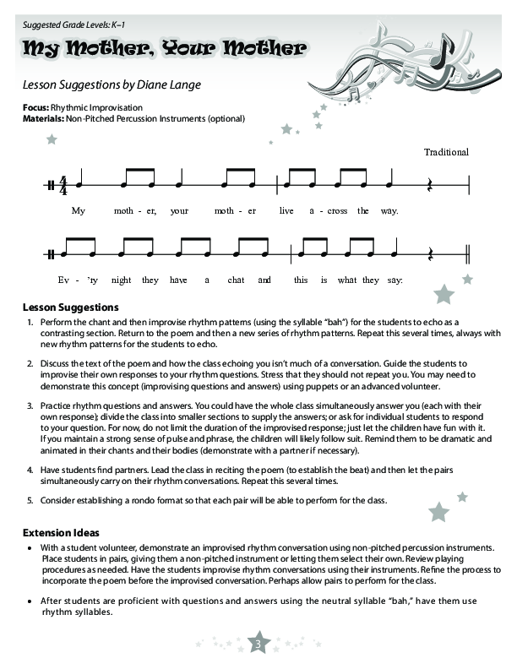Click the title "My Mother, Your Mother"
point(164,48)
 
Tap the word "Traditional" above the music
point(446,152)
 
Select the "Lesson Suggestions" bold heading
point(70,307)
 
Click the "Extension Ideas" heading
point(61,533)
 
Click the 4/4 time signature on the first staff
point(63,185)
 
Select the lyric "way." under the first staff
point(389,210)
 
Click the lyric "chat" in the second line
point(236,280)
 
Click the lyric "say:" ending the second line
point(394,280)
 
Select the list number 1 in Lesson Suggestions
point(30,323)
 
